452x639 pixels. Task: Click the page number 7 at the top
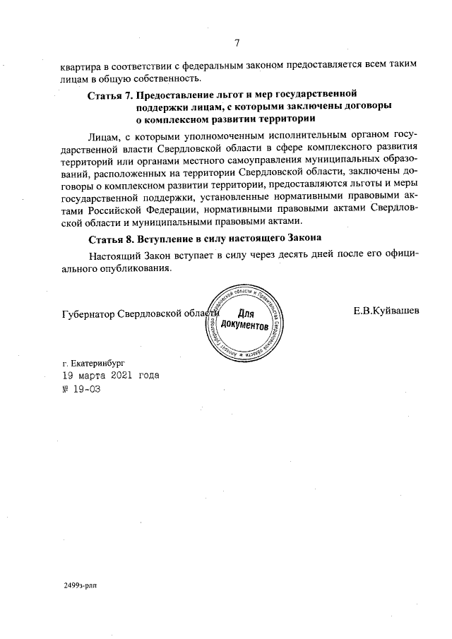(x=238, y=42)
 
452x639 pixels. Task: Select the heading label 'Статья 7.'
(x=110, y=94)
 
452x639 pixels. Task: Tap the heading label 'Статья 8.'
(x=110, y=238)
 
